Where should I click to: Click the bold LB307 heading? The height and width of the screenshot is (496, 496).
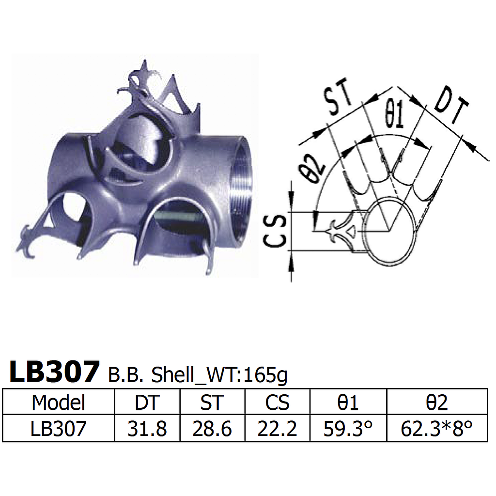click(54, 372)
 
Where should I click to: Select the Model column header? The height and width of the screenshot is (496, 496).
click(58, 403)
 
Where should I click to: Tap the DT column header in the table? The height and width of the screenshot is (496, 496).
click(147, 403)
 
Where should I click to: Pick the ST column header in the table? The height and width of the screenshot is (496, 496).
click(212, 403)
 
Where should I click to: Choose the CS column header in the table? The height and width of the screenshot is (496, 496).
click(277, 403)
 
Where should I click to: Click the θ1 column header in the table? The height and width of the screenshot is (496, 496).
click(348, 403)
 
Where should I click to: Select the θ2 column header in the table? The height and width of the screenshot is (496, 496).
click(436, 403)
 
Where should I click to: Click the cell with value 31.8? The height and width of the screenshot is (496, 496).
click(147, 428)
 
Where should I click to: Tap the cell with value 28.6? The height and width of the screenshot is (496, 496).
click(212, 428)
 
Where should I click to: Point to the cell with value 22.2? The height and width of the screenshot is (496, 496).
click(277, 428)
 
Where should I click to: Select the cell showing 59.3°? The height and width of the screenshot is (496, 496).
click(348, 428)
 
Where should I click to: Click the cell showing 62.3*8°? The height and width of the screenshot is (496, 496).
click(436, 428)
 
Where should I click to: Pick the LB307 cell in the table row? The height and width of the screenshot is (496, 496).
click(58, 428)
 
